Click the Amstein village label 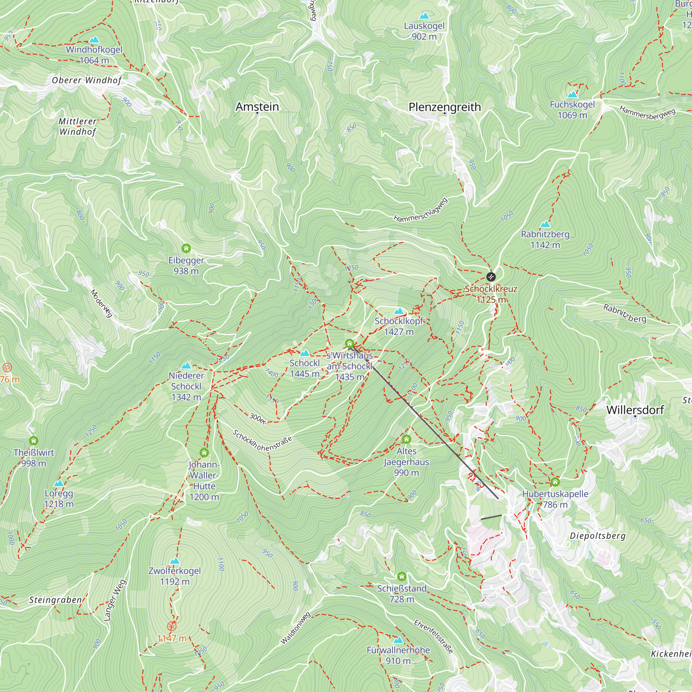point(257,106)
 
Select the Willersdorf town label point(635,410)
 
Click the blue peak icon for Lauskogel point(424,16)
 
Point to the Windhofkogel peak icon point(94,39)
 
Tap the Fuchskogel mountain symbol point(572,94)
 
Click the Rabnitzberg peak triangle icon point(545,224)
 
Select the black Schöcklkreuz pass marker point(491,276)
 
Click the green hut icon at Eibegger point(186,248)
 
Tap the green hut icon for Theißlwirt point(33,440)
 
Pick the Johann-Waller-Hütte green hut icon point(204,453)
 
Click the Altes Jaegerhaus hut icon point(406,439)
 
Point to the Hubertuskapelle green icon point(555,482)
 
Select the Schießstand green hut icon point(401,576)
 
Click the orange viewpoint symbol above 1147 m point(172,626)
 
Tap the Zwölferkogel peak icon point(174,561)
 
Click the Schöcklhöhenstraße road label point(262,440)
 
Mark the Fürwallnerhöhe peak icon point(398,640)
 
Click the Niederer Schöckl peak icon point(186,366)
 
